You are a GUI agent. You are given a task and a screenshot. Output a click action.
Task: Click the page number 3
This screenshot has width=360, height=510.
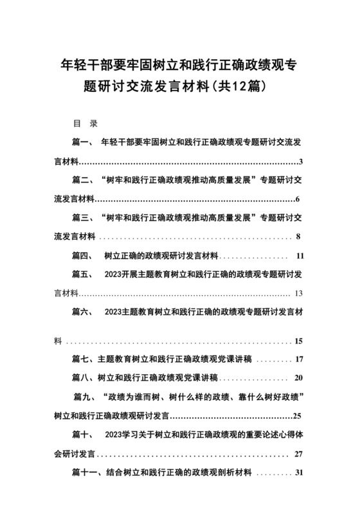(301, 160)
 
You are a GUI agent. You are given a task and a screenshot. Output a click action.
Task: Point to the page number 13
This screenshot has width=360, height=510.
(298, 293)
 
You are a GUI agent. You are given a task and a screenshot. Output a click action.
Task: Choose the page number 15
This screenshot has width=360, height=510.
(298, 340)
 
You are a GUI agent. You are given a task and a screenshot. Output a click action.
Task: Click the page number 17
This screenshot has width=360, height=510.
(299, 358)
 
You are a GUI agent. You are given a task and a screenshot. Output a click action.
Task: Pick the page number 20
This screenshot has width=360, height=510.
(299, 377)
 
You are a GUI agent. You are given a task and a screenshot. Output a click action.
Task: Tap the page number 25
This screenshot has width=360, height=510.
(297, 415)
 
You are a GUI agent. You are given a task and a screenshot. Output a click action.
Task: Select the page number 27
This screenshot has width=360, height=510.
(298, 453)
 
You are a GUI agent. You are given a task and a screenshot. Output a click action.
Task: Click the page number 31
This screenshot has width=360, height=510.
(298, 474)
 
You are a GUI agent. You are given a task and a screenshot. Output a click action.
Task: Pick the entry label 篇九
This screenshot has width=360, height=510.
(84, 396)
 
